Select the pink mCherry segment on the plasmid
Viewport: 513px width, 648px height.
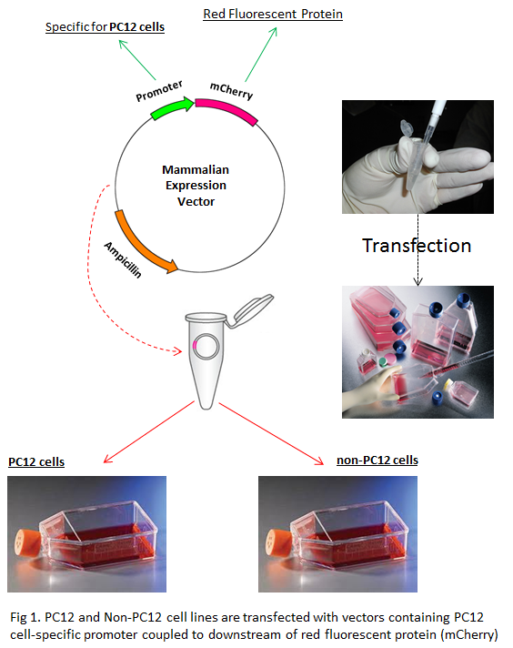tap(227, 110)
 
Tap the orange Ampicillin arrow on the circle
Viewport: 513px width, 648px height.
tap(143, 245)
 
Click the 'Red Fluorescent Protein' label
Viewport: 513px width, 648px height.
tap(273, 14)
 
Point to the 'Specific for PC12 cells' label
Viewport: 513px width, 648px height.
tap(105, 27)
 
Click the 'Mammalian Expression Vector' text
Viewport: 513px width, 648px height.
tap(196, 186)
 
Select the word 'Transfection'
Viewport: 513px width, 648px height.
tap(417, 246)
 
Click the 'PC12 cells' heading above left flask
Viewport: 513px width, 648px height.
tap(36, 461)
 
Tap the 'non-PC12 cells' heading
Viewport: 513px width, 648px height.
tap(377, 460)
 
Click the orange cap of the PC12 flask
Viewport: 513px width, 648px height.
tap(26, 542)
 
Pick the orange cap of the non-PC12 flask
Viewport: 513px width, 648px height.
tap(277, 542)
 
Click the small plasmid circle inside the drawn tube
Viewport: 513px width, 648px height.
tap(206, 346)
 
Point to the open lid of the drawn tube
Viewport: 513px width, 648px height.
tap(252, 309)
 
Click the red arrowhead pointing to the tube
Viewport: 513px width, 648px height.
tap(177, 351)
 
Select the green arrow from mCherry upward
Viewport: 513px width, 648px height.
tap(261, 54)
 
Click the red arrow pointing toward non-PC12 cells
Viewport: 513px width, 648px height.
tap(271, 433)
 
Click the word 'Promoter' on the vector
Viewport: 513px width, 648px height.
tap(159, 91)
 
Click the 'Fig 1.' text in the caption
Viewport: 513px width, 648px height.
tap(25, 617)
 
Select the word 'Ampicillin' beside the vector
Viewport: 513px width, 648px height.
tap(123, 260)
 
